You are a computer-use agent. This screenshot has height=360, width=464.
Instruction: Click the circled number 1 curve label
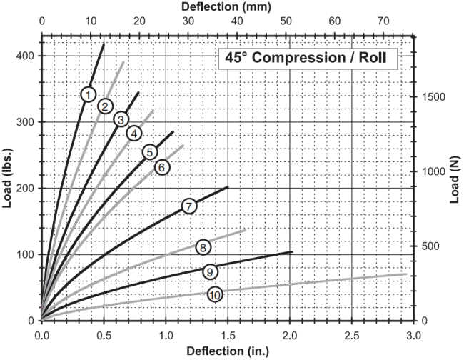click(x=89, y=95)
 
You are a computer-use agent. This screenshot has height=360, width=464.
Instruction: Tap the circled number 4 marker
click(x=134, y=134)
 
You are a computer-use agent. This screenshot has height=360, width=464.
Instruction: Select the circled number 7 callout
click(x=189, y=206)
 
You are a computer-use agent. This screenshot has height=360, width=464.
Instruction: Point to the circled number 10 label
click(x=215, y=295)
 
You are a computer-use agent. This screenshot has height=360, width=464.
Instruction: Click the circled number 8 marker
click(x=203, y=247)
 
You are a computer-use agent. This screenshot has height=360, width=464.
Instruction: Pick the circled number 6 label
click(x=162, y=168)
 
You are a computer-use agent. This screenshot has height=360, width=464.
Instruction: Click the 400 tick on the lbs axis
click(x=25, y=56)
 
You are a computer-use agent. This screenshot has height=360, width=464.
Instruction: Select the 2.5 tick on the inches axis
click(x=352, y=336)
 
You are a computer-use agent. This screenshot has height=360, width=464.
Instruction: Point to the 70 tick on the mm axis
click(x=383, y=21)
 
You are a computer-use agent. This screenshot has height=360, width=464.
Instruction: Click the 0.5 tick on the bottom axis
click(x=104, y=336)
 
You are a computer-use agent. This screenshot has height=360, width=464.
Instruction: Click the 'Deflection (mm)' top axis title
click(x=226, y=6)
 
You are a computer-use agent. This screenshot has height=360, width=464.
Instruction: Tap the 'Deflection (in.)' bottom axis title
click(x=228, y=351)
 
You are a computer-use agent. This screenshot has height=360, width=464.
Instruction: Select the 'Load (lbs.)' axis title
click(x=8, y=179)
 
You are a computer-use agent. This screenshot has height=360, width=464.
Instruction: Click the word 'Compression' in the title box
click(x=298, y=58)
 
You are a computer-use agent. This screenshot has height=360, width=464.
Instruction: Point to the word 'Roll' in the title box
click(x=373, y=57)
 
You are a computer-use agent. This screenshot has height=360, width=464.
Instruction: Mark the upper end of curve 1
click(x=104, y=44)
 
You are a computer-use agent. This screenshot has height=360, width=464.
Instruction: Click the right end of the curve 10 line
click(x=407, y=274)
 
